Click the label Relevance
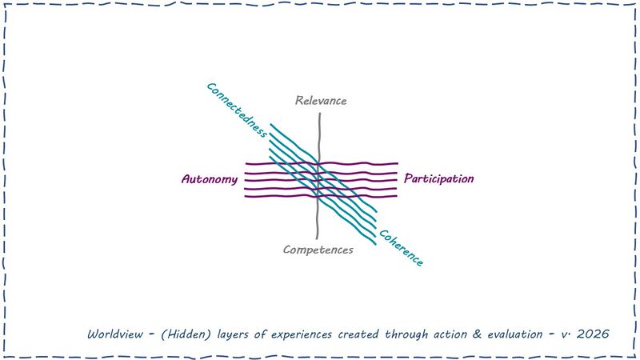tap(321, 101)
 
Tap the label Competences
tap(318, 250)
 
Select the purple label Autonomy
tap(210, 179)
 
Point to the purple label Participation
tap(438, 178)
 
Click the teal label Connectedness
tap(236, 110)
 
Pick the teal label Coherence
tap(400, 248)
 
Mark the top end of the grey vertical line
tap(320, 114)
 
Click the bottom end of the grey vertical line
tap(318, 238)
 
